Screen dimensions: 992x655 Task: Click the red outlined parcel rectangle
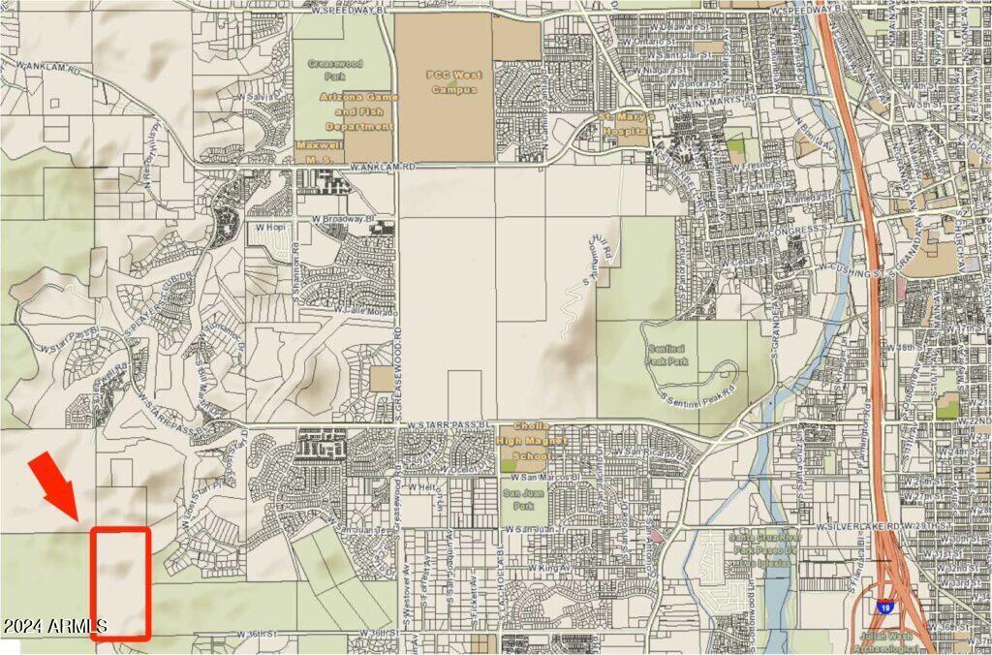[x=121, y=582]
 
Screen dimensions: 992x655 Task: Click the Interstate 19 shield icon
[x=884, y=608]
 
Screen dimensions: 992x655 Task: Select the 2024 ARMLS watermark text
[x=52, y=627]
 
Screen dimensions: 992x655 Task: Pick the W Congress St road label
[x=790, y=233]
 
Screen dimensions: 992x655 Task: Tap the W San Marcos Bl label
[x=550, y=479]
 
